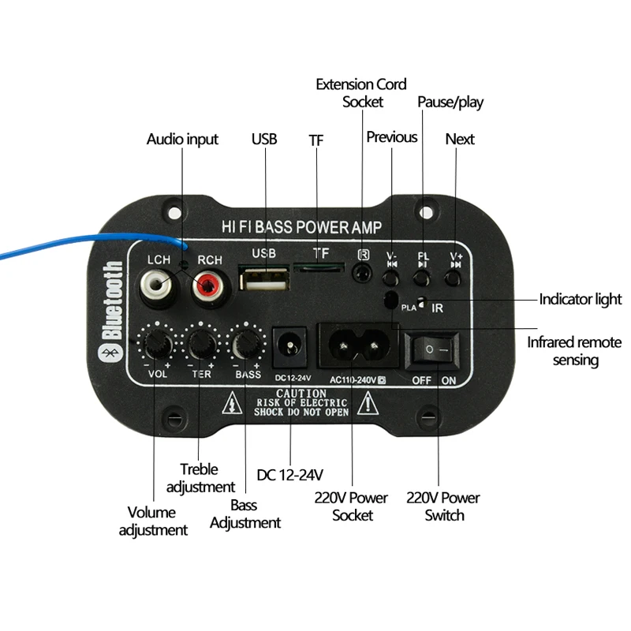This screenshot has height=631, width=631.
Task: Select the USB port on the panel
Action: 264,282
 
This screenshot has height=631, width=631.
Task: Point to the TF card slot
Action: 319,268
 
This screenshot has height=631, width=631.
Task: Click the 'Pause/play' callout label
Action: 450,102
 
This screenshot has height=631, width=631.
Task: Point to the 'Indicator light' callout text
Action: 580,300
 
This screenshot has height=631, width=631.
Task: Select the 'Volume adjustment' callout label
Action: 153,521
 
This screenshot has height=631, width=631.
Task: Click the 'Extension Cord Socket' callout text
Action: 361,92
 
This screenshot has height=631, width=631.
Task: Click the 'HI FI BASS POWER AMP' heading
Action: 302,228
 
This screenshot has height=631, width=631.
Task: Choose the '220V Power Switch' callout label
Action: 442,506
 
